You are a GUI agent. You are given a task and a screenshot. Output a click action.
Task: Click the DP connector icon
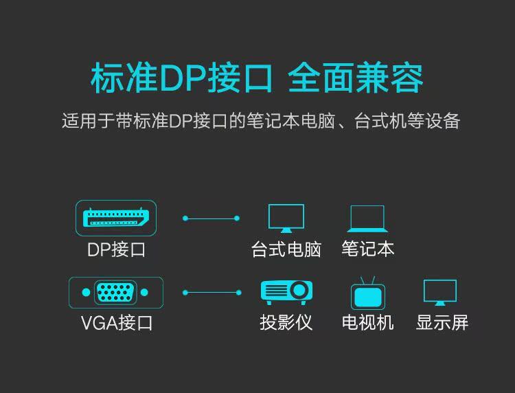(x=116, y=218)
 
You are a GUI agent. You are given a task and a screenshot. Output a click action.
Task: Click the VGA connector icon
(x=115, y=293)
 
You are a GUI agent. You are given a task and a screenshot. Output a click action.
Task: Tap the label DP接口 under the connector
(x=116, y=249)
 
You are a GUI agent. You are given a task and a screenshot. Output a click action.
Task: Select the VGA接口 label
(x=116, y=323)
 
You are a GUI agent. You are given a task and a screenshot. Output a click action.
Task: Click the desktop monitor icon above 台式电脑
(x=286, y=218)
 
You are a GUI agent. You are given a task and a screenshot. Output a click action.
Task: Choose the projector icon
(x=286, y=292)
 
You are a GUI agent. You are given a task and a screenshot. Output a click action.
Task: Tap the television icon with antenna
(x=367, y=293)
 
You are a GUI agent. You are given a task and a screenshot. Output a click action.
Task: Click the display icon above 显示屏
(x=440, y=293)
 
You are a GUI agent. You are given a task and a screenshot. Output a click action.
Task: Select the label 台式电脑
(x=286, y=249)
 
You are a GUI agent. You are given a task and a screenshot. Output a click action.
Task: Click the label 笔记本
(x=367, y=249)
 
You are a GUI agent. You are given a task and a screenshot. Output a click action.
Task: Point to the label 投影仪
(x=286, y=323)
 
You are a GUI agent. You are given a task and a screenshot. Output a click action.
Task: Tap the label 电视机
(x=367, y=323)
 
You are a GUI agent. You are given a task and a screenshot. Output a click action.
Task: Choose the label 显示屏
(x=442, y=323)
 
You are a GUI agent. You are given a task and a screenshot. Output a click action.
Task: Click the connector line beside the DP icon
(x=211, y=218)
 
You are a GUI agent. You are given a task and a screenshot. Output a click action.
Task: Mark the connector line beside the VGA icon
(x=211, y=293)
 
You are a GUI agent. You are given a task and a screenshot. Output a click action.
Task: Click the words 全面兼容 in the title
(x=356, y=79)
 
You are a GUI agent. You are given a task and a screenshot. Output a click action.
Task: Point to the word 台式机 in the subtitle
(x=376, y=122)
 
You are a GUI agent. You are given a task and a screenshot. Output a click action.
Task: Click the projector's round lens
(x=299, y=291)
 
